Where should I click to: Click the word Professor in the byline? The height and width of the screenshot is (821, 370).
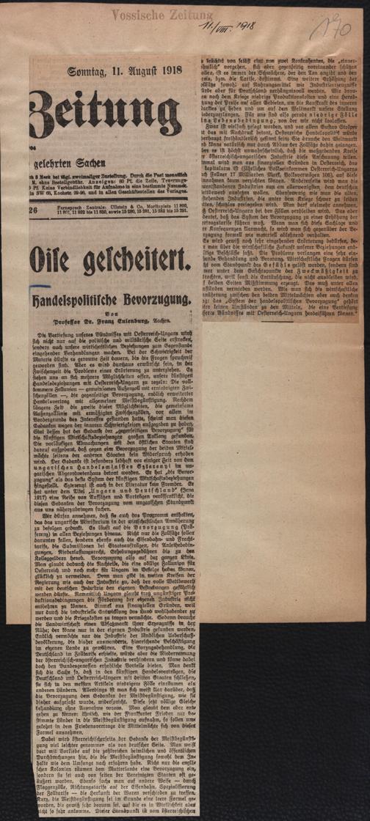click(69, 319)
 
